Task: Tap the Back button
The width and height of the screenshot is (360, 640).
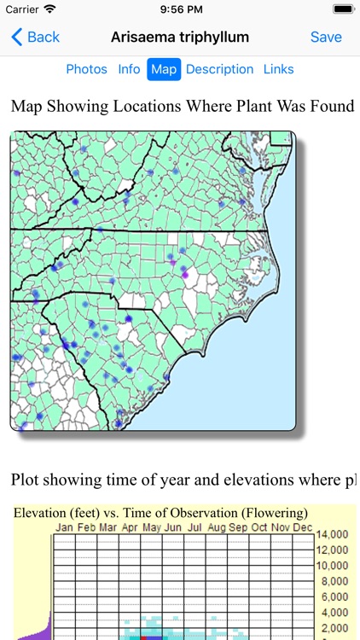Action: pyautogui.click(x=35, y=37)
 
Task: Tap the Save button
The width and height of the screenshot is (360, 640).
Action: pyautogui.click(x=326, y=37)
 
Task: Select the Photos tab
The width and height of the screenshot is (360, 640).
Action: pyautogui.click(x=87, y=69)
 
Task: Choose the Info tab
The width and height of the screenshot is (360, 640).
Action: pyautogui.click(x=129, y=69)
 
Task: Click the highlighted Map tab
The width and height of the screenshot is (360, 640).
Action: pyautogui.click(x=164, y=69)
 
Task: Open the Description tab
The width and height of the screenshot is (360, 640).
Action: pyautogui.click(x=219, y=69)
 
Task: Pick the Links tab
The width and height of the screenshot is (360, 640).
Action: pyautogui.click(x=278, y=69)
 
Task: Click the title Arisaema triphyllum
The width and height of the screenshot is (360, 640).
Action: pyautogui.click(x=180, y=37)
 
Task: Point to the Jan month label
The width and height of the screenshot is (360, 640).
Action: pyautogui.click(x=65, y=528)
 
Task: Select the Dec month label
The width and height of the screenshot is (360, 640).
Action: pyautogui.click(x=302, y=528)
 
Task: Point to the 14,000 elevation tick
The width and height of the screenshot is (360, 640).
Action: pyautogui.click(x=333, y=535)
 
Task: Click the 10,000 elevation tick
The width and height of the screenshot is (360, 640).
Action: pyautogui.click(x=333, y=566)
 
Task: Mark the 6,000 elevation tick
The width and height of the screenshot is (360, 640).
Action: pyautogui.click(x=333, y=597)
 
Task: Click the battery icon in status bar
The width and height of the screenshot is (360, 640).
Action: pyautogui.click(x=343, y=9)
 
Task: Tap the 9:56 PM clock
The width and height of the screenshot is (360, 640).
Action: pyautogui.click(x=180, y=9)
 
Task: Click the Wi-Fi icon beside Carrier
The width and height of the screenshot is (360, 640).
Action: pyautogui.click(x=49, y=9)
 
